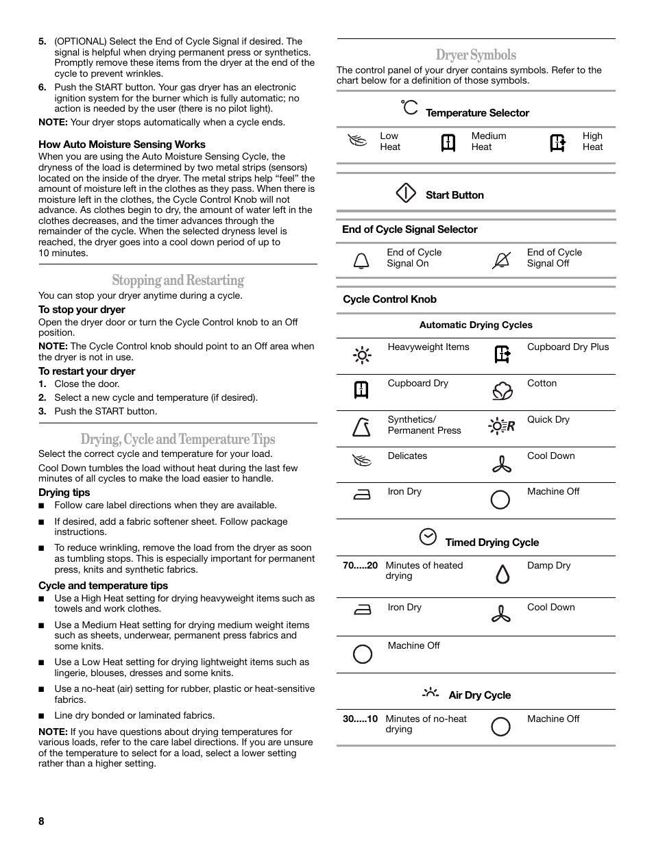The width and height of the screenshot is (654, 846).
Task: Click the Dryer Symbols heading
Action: pyautogui.click(x=476, y=55)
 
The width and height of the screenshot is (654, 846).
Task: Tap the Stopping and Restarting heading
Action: pyautogui.click(x=178, y=280)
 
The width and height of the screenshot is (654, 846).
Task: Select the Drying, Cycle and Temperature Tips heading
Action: pyautogui.click(x=178, y=439)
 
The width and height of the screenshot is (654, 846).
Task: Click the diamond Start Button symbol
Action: pyautogui.click(x=406, y=194)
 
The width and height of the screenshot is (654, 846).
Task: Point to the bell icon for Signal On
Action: pyautogui.click(x=361, y=260)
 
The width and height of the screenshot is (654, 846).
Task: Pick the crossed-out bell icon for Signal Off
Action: pyautogui.click(x=501, y=260)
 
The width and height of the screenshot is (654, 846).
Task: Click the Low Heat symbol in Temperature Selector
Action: pyautogui.click(x=358, y=142)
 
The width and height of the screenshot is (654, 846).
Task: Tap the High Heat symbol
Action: pyautogui.click(x=558, y=142)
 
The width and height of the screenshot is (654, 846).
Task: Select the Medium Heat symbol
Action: pyautogui.click(x=448, y=142)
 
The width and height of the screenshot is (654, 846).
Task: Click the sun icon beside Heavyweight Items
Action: pyautogui.click(x=362, y=355)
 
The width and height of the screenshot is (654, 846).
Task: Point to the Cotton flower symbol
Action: pyautogui.click(x=502, y=391)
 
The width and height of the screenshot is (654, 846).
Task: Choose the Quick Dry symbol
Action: pyautogui.click(x=501, y=426)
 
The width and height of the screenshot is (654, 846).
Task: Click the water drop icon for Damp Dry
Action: pyautogui.click(x=502, y=574)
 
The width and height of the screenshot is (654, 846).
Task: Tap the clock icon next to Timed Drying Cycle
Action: pyautogui.click(x=428, y=537)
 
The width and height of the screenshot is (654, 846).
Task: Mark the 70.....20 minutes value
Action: pyautogui.click(x=360, y=565)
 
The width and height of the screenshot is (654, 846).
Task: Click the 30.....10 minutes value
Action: pyautogui.click(x=360, y=719)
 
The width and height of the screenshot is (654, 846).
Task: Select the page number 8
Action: pyautogui.click(x=41, y=821)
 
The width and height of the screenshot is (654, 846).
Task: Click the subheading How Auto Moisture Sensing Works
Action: pyautogui.click(x=122, y=145)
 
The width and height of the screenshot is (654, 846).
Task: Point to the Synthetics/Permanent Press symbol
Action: pyautogui.click(x=361, y=427)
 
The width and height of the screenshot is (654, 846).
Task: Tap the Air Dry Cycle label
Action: pyautogui.click(x=479, y=695)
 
